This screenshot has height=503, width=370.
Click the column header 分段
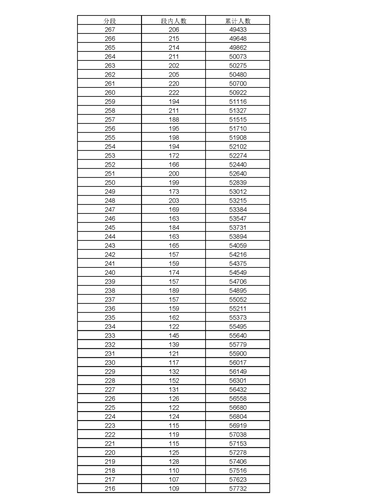pyautogui.click(x=110, y=21)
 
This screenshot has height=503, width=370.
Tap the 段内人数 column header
pyautogui.click(x=174, y=21)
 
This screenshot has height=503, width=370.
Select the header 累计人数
pyautogui.click(x=238, y=21)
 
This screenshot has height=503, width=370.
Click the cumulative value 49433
pyautogui.click(x=238, y=30)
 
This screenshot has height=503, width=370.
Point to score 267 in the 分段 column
pyautogui.click(x=110, y=30)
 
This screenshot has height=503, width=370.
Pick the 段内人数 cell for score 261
pyautogui.click(x=174, y=84)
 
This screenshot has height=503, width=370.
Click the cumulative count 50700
pyautogui.click(x=238, y=84)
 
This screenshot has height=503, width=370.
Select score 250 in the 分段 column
pyautogui.click(x=110, y=183)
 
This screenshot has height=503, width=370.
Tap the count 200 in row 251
pyautogui.click(x=174, y=174)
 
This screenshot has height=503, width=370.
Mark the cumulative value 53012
pyautogui.click(x=238, y=192)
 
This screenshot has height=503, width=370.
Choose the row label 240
pyautogui.click(x=110, y=273)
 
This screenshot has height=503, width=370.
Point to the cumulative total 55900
pyautogui.click(x=238, y=354)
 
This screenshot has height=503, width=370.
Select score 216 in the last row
pyautogui.click(x=110, y=489)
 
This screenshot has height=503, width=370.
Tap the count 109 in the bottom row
pyautogui.click(x=174, y=489)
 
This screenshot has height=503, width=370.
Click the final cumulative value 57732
pyautogui.click(x=238, y=489)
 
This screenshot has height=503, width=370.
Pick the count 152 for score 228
pyautogui.click(x=174, y=381)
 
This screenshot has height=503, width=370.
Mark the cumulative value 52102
pyautogui.click(x=238, y=147)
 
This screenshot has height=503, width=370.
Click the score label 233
pyautogui.click(x=110, y=336)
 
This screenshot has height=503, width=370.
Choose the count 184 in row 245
pyautogui.click(x=174, y=228)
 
